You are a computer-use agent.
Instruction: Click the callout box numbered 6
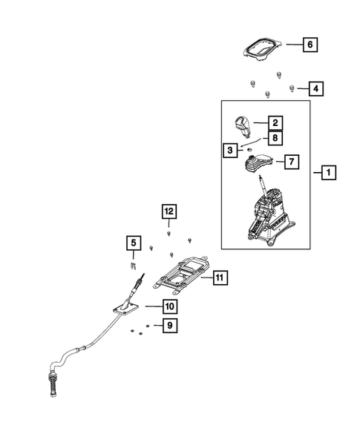pyautogui.click(x=310, y=45)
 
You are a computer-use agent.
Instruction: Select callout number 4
pyautogui.click(x=315, y=89)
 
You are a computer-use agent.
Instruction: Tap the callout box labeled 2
pyautogui.click(x=275, y=122)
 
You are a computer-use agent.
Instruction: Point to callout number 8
pyautogui.click(x=275, y=137)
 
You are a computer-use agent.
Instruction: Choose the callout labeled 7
pyautogui.click(x=292, y=161)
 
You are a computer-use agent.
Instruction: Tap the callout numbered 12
pyautogui.click(x=168, y=212)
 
